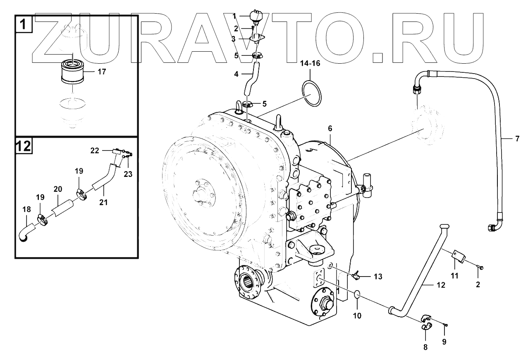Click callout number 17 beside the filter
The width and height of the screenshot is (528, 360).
[102, 72]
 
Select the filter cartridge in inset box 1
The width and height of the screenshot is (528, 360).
[72, 72]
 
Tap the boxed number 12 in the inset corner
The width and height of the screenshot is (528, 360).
[24, 146]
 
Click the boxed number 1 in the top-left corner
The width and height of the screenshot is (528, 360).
[24, 24]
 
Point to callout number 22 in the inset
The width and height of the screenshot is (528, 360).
[95, 151]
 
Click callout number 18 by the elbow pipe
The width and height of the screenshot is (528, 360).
[26, 210]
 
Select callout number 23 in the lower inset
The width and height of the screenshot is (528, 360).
[128, 174]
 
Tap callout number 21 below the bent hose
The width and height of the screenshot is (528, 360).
[103, 202]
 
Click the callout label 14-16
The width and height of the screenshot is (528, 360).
[311, 64]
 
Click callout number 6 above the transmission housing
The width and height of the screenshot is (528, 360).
[330, 129]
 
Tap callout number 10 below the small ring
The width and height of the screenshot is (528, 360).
[357, 316]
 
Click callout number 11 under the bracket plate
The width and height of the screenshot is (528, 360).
[455, 276]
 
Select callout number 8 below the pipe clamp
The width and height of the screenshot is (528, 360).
[425, 347]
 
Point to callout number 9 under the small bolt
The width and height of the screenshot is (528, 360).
[444, 342]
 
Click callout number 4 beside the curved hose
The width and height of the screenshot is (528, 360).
[236, 75]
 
